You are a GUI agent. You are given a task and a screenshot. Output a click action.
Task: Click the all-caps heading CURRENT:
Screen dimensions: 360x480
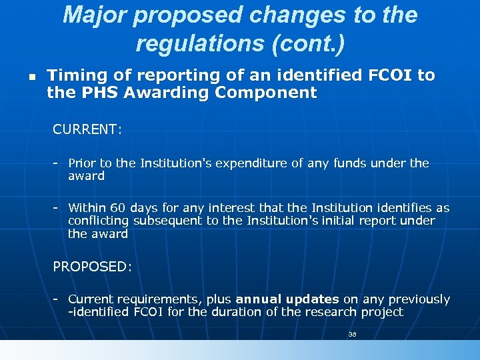tap(87, 129)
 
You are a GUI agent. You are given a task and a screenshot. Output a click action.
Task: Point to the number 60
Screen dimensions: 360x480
tap(118, 208)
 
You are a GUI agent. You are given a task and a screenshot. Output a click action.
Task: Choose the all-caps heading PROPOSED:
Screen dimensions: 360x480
tap(93, 267)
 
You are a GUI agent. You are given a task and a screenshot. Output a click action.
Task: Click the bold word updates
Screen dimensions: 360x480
tap(315, 299)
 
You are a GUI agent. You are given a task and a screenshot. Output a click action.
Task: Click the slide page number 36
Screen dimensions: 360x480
tap(353, 334)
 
